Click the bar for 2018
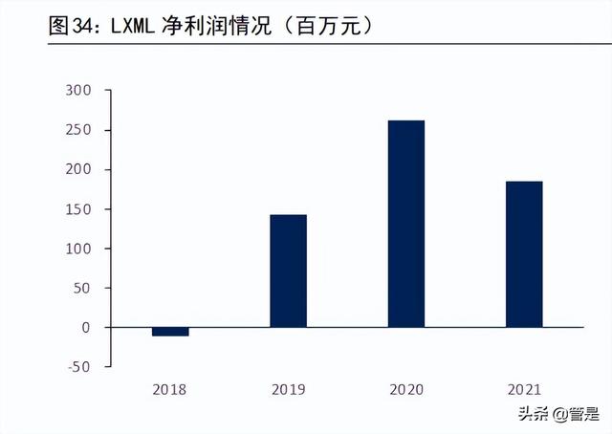click(x=170, y=332)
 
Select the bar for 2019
click(x=288, y=271)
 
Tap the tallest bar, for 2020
click(x=405, y=224)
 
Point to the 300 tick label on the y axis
click(x=77, y=91)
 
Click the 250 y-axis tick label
click(x=77, y=130)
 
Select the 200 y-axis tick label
click(x=77, y=170)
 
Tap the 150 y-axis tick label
click(x=77, y=209)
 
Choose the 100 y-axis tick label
click(x=77, y=249)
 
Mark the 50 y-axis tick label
click(x=81, y=288)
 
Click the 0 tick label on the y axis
click(x=85, y=328)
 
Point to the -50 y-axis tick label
click(x=79, y=367)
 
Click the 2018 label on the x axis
click(x=170, y=389)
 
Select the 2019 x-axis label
click(x=288, y=389)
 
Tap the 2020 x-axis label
click(x=405, y=389)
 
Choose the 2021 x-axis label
click(x=523, y=389)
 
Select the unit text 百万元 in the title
click(x=328, y=28)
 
